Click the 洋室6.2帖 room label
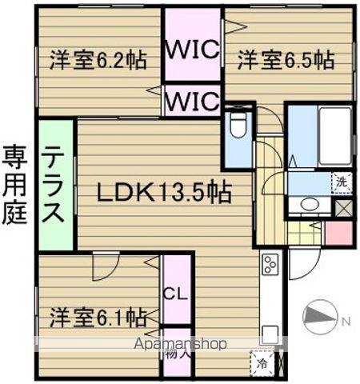pyautogui.click(x=98, y=60)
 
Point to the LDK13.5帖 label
pyautogui.click(x=165, y=192)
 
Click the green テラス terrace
pyautogui.click(x=54, y=184)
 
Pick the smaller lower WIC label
pyautogui.click(x=192, y=102)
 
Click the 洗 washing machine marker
pyautogui.click(x=342, y=182)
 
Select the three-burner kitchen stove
pyautogui.click(x=270, y=263)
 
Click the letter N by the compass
pyautogui.click(x=345, y=321)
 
